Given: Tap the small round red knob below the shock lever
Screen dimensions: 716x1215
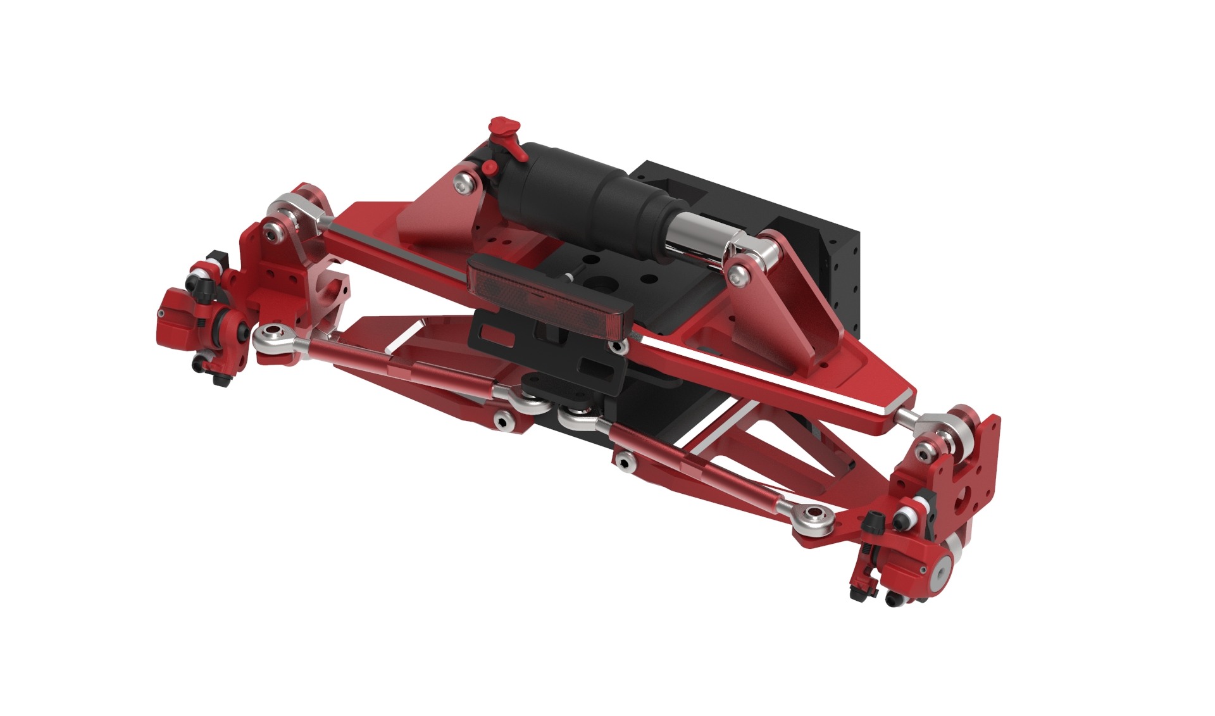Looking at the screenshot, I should coord(489,168).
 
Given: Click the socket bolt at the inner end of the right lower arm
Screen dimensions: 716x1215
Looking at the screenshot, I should coord(625,463).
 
